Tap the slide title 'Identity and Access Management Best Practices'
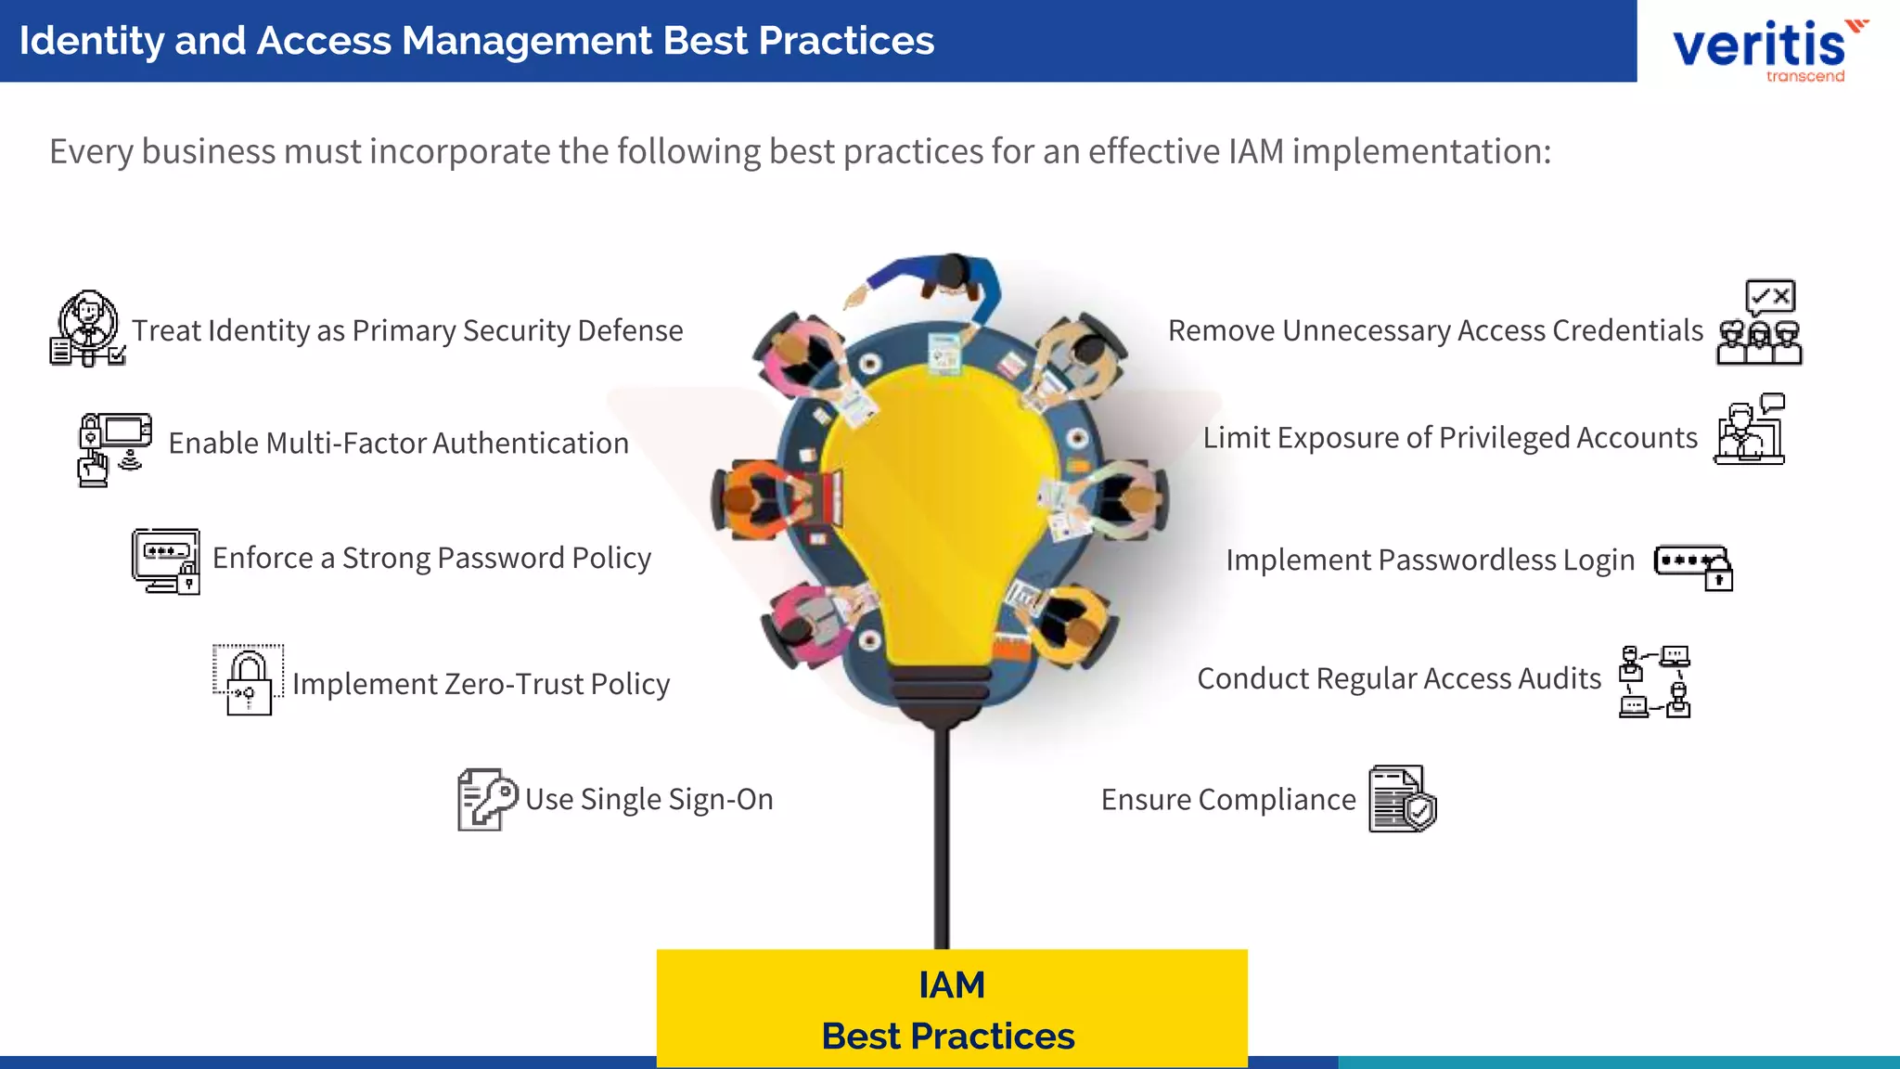click(x=477, y=41)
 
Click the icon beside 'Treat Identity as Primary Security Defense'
click(x=87, y=328)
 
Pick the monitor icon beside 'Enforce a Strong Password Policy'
click(x=166, y=560)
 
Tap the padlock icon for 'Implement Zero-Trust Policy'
click(x=248, y=680)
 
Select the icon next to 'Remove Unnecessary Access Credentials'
click(x=1759, y=323)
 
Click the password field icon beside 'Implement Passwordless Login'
click(x=1693, y=565)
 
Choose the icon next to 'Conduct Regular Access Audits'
click(x=1654, y=682)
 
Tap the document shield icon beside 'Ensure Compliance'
click(x=1402, y=799)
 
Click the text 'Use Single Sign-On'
click(x=648, y=799)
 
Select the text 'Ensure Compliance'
click(x=1228, y=799)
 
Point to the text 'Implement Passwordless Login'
click(x=1430, y=560)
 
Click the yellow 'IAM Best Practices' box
click(x=952, y=1009)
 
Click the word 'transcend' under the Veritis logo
click(x=1805, y=76)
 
